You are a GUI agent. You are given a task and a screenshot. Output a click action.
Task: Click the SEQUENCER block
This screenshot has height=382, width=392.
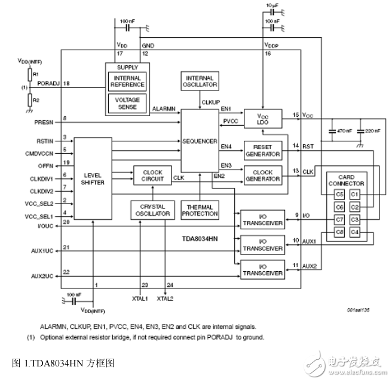[x=201, y=141]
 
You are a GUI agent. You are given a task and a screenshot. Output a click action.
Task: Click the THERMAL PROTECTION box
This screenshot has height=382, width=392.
[x=200, y=210]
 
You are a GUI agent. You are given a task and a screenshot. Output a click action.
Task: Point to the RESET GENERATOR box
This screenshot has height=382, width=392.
[x=262, y=150]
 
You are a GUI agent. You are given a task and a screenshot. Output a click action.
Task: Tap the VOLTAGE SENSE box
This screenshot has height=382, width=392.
[x=127, y=103]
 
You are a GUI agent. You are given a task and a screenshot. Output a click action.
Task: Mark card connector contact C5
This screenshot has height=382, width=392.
[x=339, y=194]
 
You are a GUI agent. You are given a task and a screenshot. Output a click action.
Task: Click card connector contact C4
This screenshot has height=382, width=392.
[x=355, y=232]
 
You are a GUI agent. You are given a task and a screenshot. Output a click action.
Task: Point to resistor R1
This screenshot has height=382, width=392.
[x=29, y=74]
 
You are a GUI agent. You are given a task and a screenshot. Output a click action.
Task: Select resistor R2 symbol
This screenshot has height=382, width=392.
[x=29, y=99]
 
